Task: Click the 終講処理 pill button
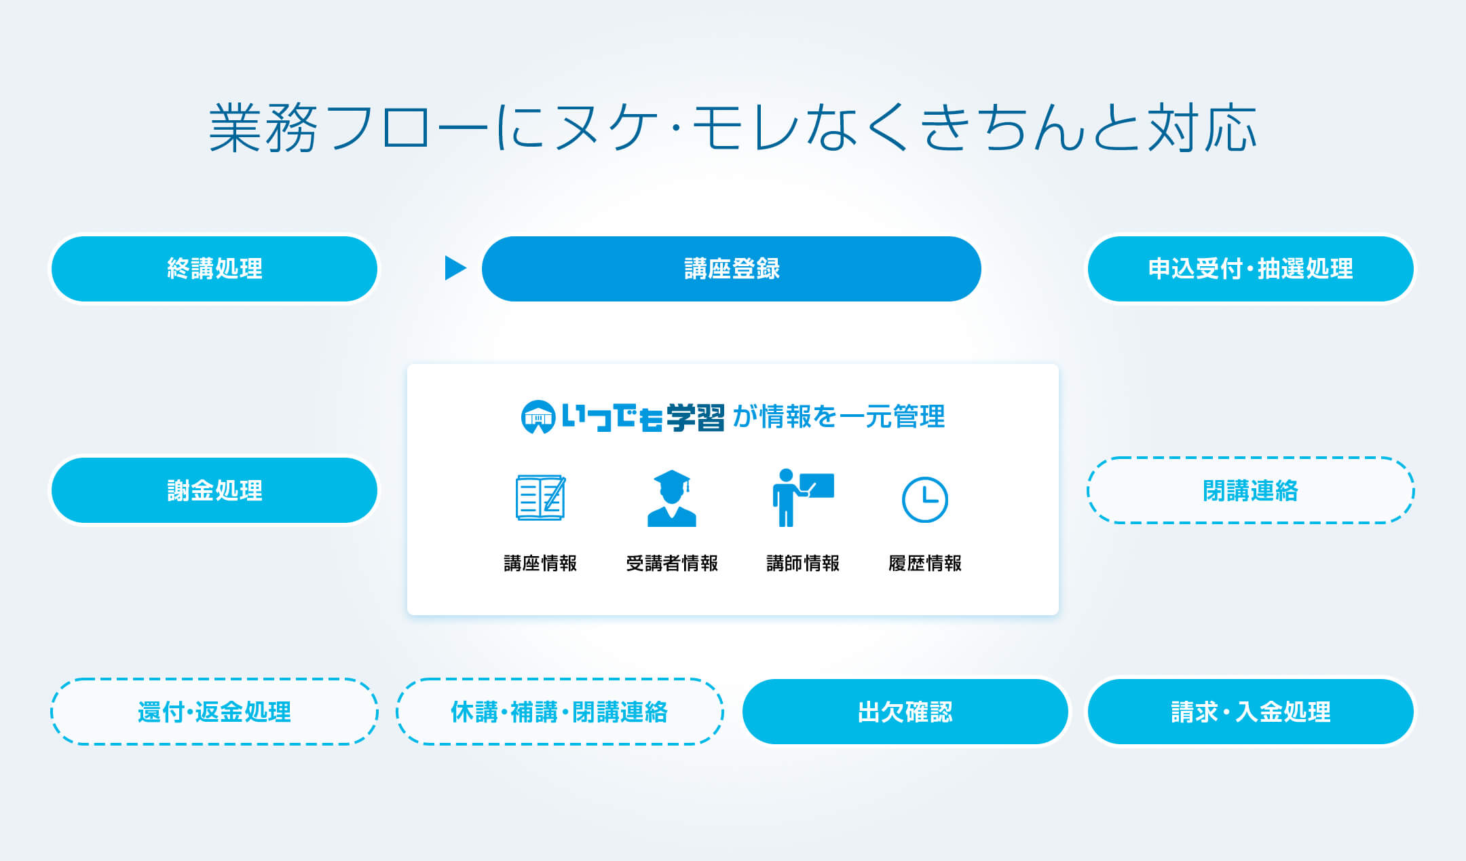click(214, 269)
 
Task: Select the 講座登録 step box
click(732, 269)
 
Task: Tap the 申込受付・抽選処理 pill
click(1251, 269)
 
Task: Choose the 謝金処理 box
click(214, 490)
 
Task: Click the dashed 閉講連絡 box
click(1251, 490)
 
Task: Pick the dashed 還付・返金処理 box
click(214, 712)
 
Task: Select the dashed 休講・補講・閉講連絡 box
click(560, 712)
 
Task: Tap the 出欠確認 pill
click(905, 712)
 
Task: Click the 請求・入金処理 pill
click(1251, 712)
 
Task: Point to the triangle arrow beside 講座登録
click(455, 268)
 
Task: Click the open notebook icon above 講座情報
click(540, 498)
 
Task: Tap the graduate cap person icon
click(671, 498)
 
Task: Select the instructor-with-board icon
click(803, 498)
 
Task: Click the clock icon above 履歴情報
click(924, 500)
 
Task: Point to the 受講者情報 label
click(672, 564)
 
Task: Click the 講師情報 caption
click(803, 564)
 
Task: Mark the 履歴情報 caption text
click(925, 564)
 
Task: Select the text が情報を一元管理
click(839, 417)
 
